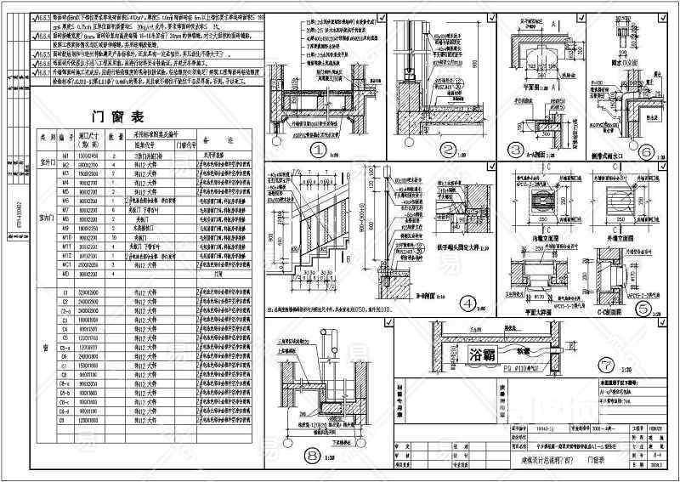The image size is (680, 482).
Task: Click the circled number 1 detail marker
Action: coord(320,150)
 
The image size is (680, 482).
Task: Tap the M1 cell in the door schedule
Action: coord(64,158)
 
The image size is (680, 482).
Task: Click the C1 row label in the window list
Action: coord(64,293)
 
